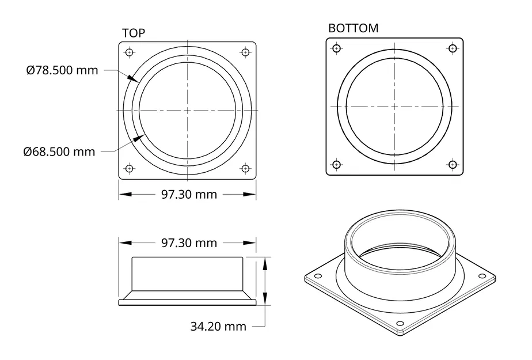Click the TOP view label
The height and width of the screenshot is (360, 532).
tap(134, 33)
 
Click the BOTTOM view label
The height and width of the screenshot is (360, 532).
tap(353, 28)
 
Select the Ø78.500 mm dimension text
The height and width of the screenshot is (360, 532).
tap(62, 70)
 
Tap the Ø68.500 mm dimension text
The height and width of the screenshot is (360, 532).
tap(59, 151)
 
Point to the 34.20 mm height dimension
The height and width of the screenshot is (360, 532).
tap(218, 327)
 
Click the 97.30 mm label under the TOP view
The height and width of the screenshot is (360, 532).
tap(189, 195)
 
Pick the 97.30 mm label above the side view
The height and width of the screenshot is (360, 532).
tap(189, 243)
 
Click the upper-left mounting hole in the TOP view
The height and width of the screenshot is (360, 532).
tap(129, 52)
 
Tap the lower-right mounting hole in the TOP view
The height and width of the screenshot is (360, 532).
tap(245, 168)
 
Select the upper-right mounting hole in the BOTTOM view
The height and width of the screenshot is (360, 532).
tap(453, 48)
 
